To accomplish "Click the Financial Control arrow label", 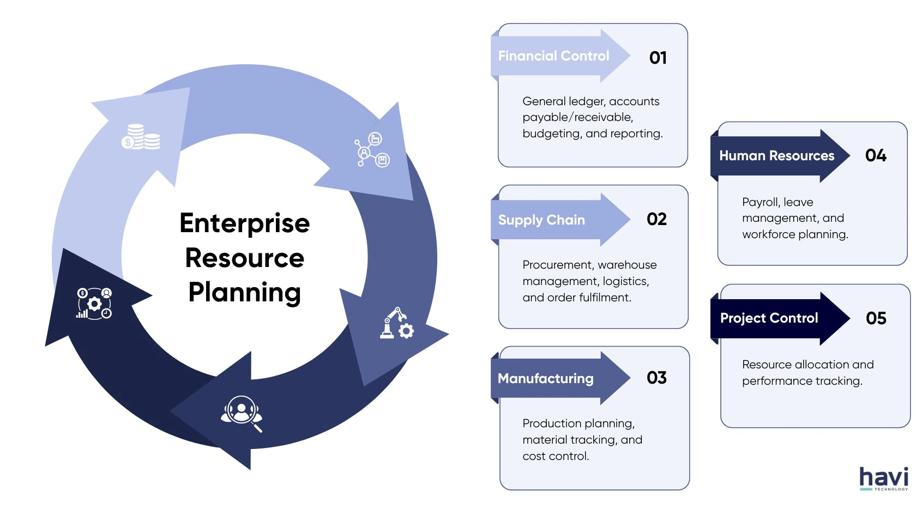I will tap(553, 56).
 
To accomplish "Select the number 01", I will tap(658, 58).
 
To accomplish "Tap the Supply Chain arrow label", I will tap(541, 220).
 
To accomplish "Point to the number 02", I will tap(656, 219).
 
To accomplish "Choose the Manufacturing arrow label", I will tap(545, 378).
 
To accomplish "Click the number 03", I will tap(656, 378).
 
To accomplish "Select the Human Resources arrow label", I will tap(776, 156).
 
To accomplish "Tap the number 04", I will tap(876, 155).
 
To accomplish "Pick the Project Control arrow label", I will tap(769, 318).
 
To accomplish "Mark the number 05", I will tap(876, 318).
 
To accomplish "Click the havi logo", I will tap(884, 478).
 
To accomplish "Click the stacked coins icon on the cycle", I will tap(141, 137).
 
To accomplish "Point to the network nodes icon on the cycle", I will tap(372, 149).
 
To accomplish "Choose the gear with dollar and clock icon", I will tap(94, 304).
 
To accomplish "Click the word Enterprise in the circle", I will tap(245, 223).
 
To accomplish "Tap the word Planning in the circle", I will tap(245, 292).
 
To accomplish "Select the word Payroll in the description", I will tap(760, 202).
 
